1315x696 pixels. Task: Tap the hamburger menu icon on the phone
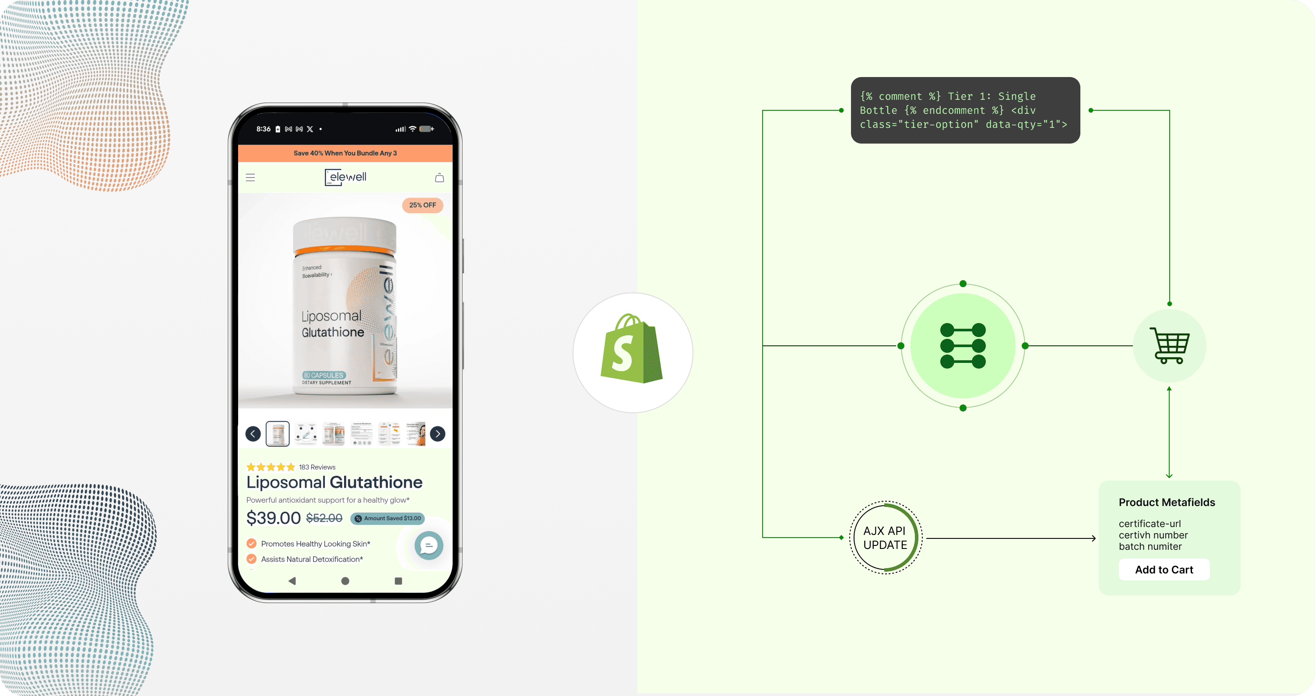(250, 178)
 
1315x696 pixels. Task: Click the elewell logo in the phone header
(345, 177)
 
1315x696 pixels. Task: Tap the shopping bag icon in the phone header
(439, 178)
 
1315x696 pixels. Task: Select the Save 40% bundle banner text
(345, 153)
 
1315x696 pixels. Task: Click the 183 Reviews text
(317, 467)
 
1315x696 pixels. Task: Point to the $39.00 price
(274, 518)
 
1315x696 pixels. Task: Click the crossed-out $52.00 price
(324, 518)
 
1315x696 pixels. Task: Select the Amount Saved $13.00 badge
(387, 518)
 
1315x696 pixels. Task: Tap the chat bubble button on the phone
(428, 545)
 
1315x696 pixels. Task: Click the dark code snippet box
(965, 110)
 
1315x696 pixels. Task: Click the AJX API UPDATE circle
(885, 538)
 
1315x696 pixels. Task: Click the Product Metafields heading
(1167, 503)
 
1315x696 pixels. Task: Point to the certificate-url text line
(1150, 524)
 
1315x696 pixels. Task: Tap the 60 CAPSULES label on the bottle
(323, 375)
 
